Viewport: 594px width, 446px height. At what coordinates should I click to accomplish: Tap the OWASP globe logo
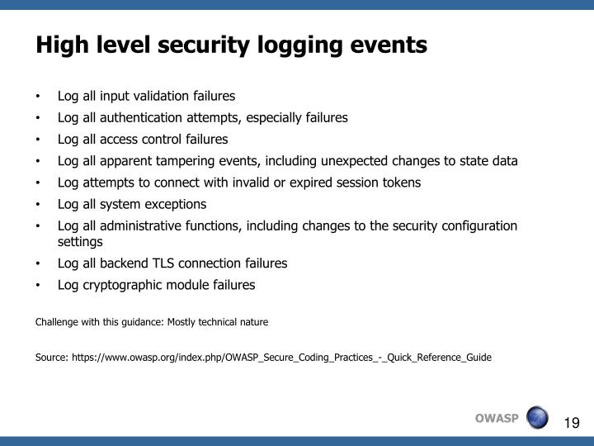[537, 417]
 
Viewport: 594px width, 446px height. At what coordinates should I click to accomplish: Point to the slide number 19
[572, 423]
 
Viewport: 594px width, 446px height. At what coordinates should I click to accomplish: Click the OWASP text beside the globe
[497, 417]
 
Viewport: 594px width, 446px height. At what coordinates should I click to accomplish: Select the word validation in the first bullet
[160, 96]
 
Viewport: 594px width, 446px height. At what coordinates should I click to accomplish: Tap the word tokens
[400, 183]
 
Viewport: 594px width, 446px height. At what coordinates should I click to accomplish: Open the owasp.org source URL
[281, 358]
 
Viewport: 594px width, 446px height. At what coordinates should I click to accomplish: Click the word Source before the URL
[51, 358]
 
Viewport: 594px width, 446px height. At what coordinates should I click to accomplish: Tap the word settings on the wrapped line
[80, 242]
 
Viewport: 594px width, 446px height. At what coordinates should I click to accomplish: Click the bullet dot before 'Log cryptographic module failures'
[39, 286]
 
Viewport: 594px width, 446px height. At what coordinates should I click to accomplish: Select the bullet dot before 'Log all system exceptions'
[39, 205]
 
